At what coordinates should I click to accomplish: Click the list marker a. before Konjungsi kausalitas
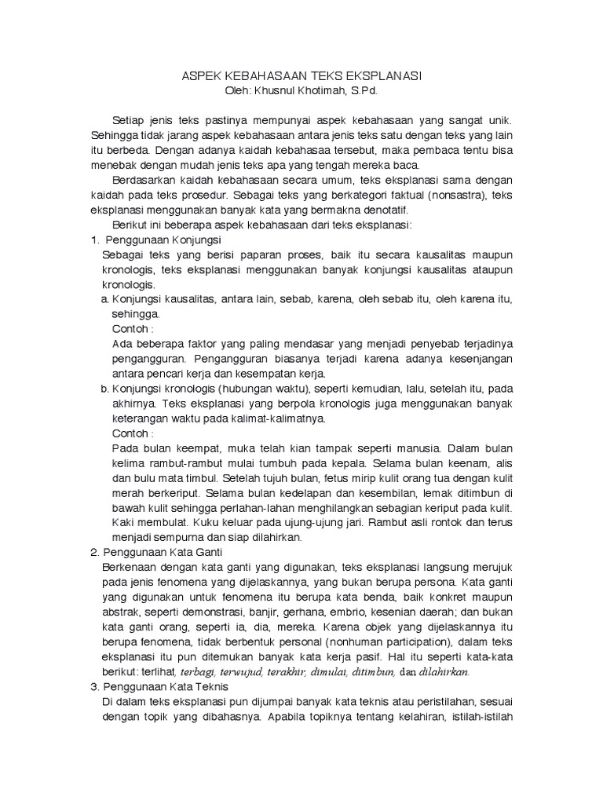105,299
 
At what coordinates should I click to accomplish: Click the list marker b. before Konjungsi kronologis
105,389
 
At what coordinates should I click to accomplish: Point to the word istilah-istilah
478,717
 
